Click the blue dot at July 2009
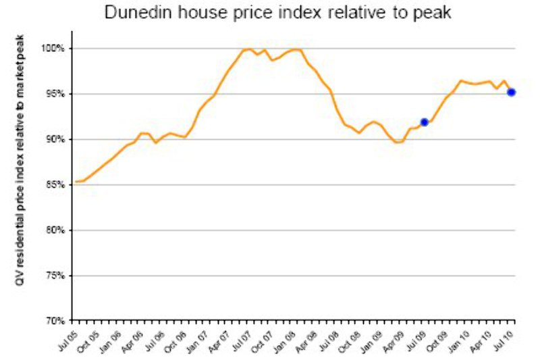pyautogui.click(x=424, y=122)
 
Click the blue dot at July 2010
pyautogui.click(x=512, y=92)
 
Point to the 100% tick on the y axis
pyautogui.click(x=55, y=49)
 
